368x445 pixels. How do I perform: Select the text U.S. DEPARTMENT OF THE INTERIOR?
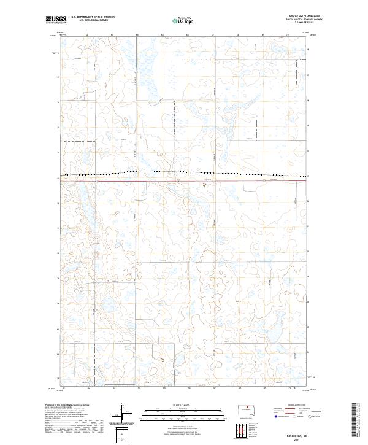(93, 17)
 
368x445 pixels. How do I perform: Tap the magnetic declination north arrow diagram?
(122, 412)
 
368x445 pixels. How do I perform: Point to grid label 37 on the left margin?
(59, 78)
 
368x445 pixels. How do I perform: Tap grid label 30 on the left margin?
(59, 253)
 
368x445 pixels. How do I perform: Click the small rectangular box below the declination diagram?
(122, 433)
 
